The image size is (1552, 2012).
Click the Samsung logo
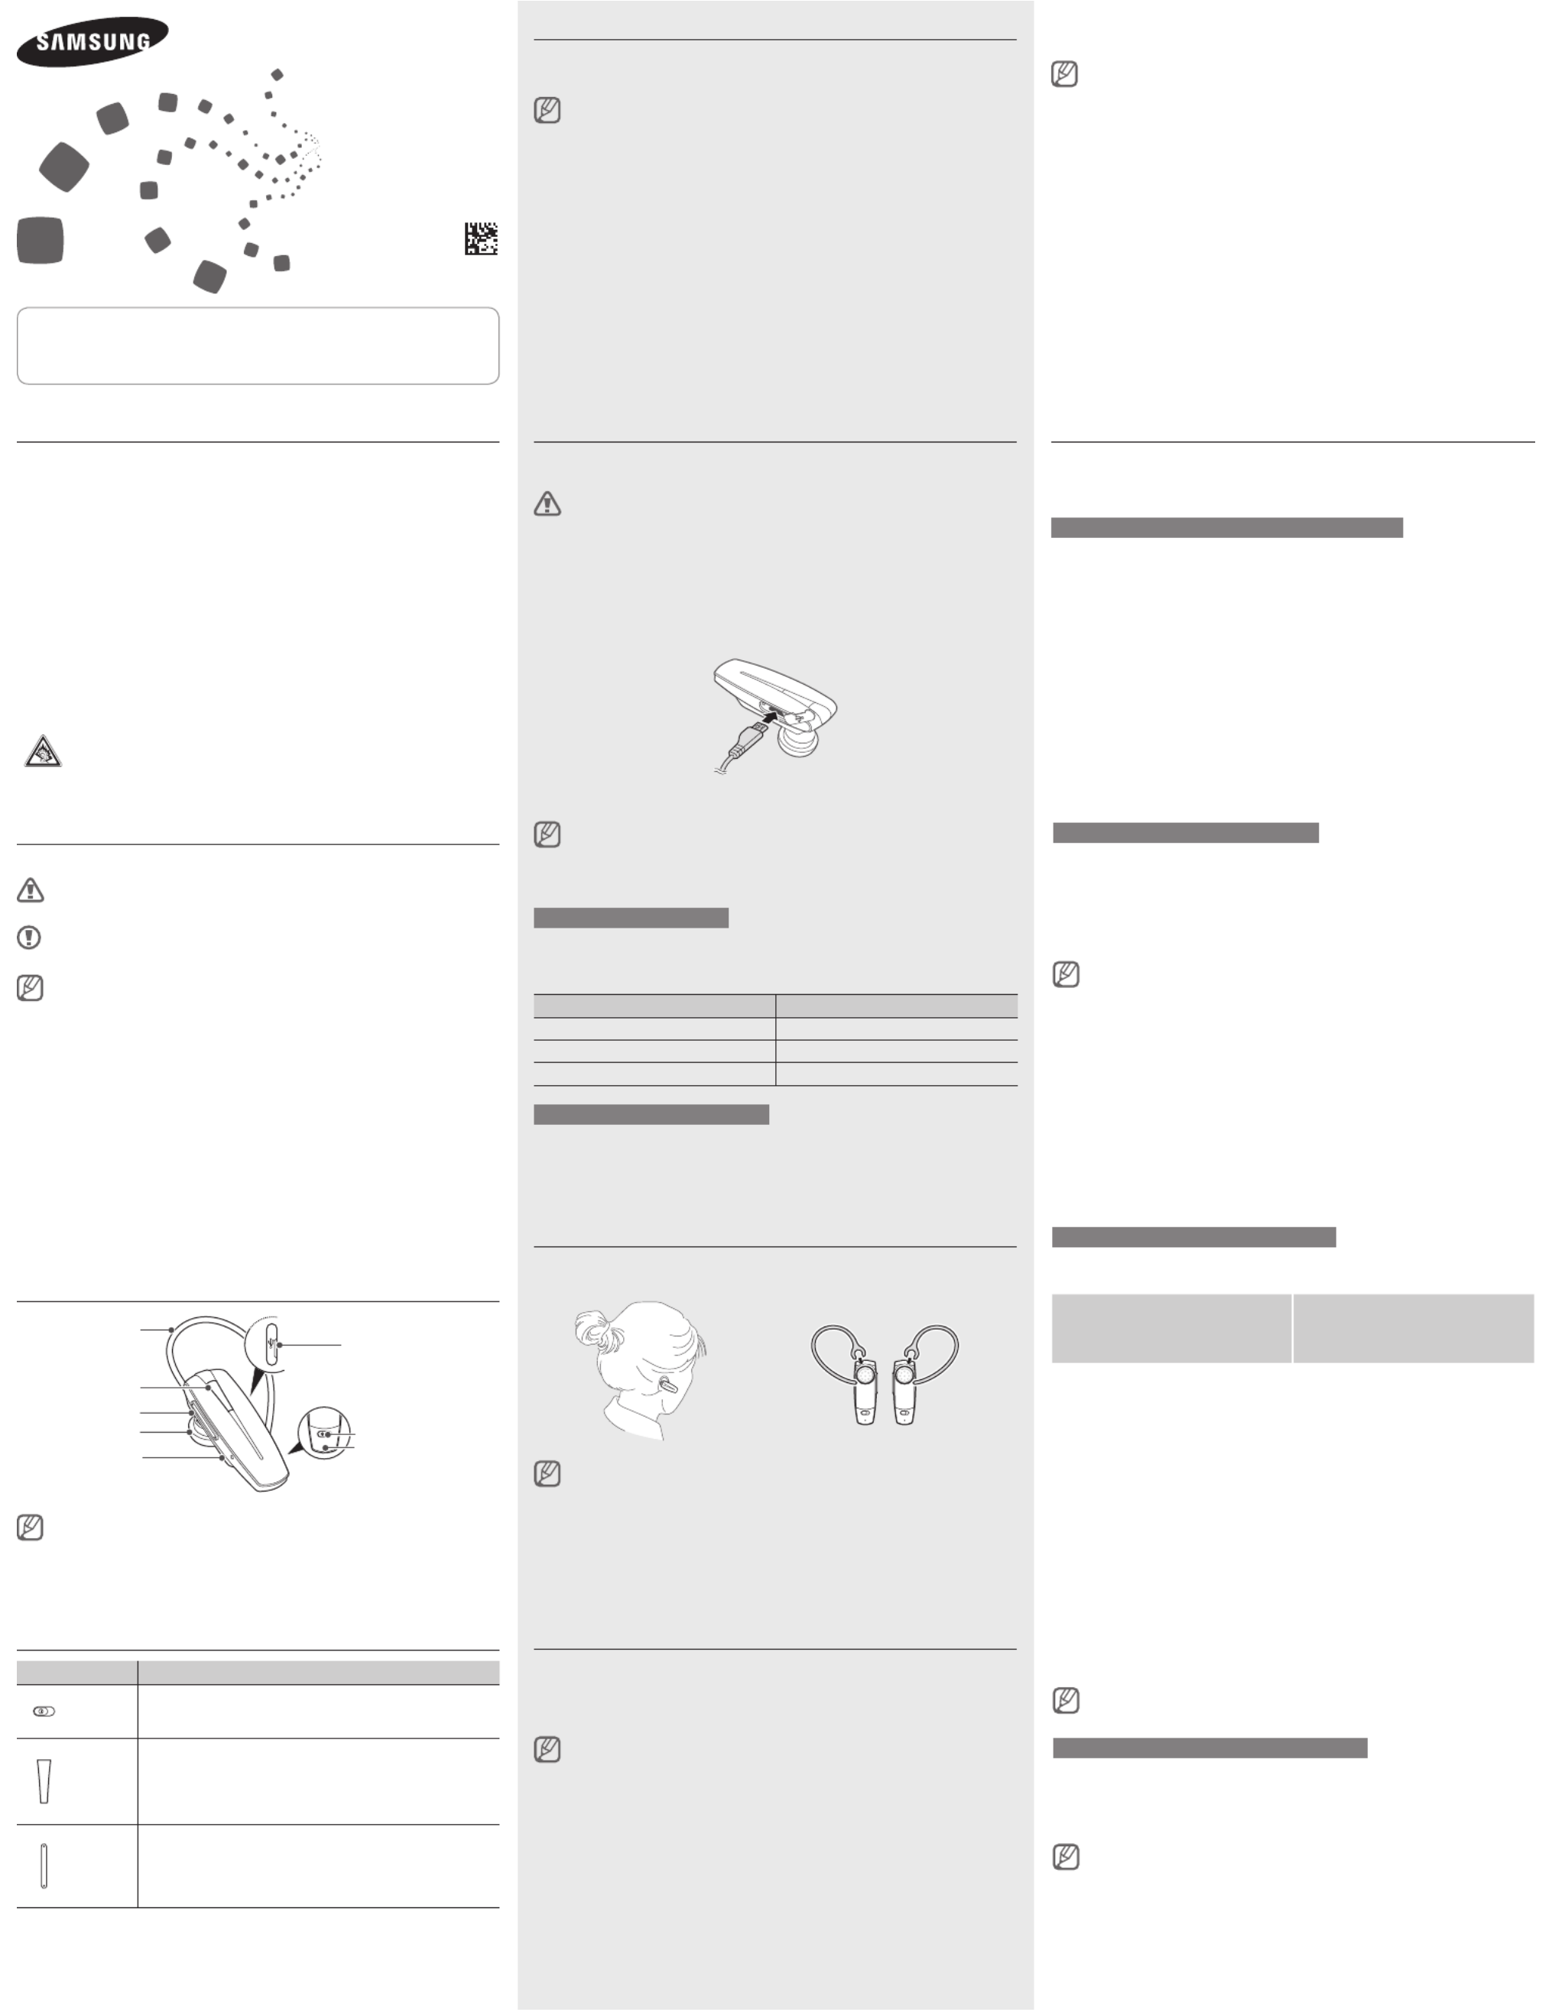click(93, 41)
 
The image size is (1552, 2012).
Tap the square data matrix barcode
click(480, 238)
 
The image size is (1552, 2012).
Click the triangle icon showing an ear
click(42, 752)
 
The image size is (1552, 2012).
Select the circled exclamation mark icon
click(30, 938)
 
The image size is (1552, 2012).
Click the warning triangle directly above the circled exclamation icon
click(31, 890)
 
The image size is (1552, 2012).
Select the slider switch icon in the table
click(44, 1711)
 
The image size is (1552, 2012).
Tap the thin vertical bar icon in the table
click(44, 1865)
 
